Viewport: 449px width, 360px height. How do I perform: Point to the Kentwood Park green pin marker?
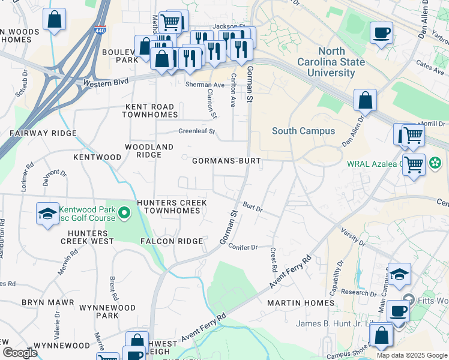point(124,212)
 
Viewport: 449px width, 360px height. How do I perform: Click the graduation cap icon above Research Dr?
point(399,274)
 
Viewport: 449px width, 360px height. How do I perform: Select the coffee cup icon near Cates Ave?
point(381,32)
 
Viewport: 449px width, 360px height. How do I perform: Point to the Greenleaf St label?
point(196,131)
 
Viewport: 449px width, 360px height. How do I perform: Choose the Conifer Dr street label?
point(243,247)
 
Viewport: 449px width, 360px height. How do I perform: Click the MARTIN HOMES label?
point(300,303)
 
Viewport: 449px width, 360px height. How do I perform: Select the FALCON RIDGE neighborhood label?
point(172,241)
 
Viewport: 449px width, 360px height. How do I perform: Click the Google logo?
point(20,352)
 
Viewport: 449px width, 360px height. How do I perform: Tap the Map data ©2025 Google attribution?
point(411,355)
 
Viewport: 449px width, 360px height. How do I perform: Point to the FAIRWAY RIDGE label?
point(43,133)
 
